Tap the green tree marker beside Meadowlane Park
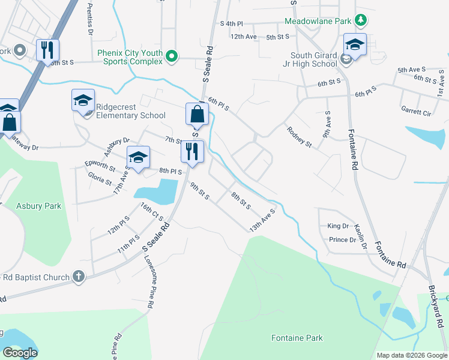click(360, 20)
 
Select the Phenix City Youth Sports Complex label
click(130, 57)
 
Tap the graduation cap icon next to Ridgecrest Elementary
click(83, 100)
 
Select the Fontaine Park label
click(297, 338)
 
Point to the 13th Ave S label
click(262, 221)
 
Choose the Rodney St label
click(299, 137)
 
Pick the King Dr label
click(338, 226)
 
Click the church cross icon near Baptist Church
click(77, 277)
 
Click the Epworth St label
click(100, 166)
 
